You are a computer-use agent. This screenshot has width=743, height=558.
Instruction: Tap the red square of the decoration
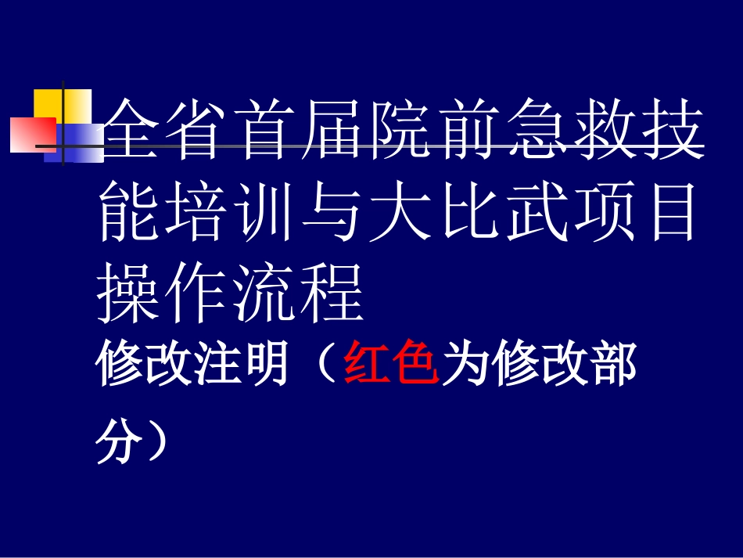click(x=31, y=135)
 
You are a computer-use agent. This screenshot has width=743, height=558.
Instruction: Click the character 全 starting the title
click(x=128, y=133)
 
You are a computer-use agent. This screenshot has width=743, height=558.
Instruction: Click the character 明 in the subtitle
click(x=263, y=364)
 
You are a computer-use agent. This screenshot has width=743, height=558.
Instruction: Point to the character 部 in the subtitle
click(x=610, y=364)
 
